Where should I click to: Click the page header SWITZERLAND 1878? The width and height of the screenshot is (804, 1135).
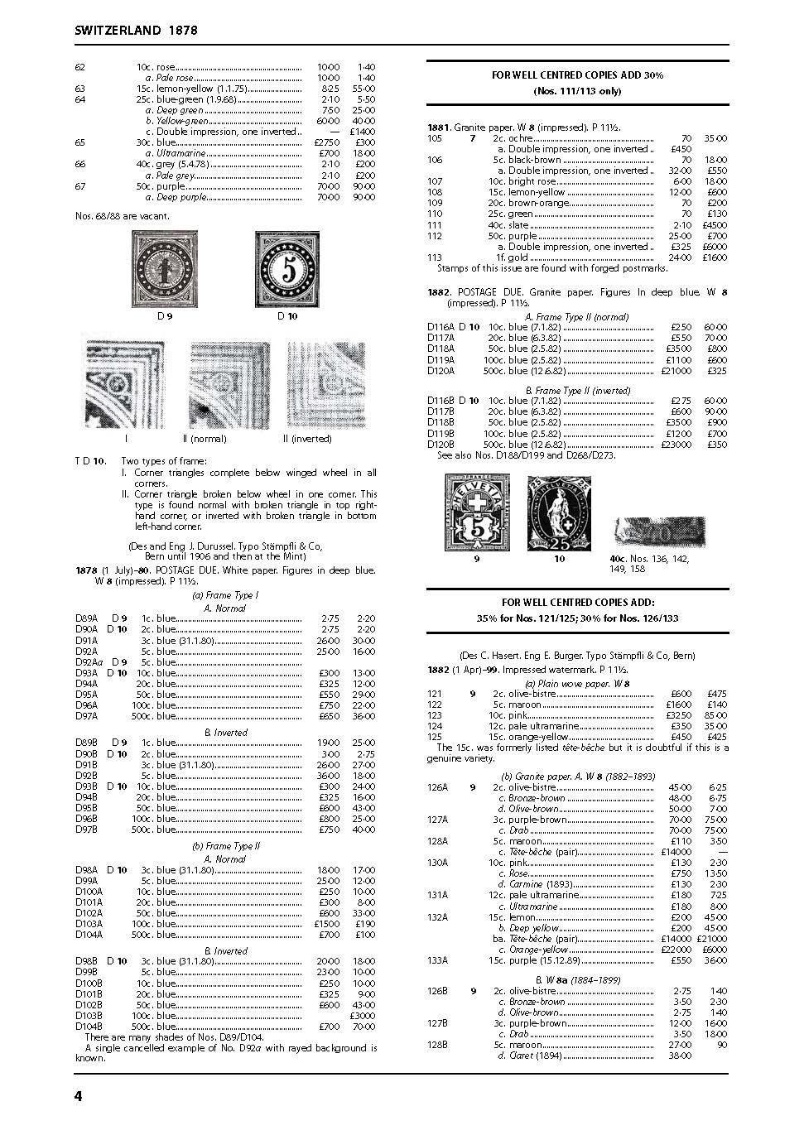136,30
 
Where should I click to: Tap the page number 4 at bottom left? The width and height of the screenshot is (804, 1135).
79,1096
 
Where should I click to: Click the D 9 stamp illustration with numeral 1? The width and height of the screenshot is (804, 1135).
165,269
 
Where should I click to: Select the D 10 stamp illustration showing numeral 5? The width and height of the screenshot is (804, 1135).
287,269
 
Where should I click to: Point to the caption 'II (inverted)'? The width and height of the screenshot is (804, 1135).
307,439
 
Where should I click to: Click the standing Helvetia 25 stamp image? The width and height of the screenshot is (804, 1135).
560,513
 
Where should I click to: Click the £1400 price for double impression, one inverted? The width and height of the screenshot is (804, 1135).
362,132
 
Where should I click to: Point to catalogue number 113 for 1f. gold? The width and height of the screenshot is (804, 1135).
434,257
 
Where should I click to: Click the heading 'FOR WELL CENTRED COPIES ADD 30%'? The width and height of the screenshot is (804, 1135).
577,75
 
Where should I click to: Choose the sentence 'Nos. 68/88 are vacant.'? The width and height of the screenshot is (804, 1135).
122,216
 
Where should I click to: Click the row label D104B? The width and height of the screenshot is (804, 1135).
89,1027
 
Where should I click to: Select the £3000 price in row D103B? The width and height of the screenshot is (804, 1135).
363,1016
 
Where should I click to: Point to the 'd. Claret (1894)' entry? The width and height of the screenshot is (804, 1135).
531,1056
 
